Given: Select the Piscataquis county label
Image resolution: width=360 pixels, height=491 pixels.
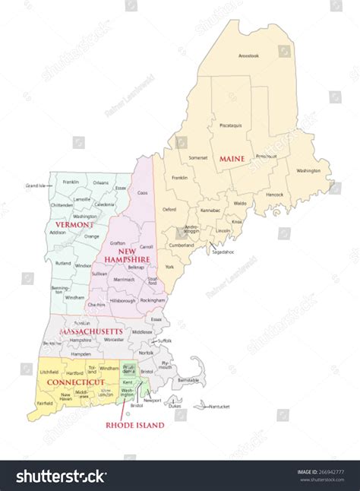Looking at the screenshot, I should coord(231,125).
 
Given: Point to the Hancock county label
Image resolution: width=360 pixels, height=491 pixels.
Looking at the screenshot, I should coord(273,194).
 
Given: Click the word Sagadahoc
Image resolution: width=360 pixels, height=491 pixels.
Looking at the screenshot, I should coord(223,252).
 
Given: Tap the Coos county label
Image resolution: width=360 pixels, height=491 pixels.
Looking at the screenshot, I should coord(142,192).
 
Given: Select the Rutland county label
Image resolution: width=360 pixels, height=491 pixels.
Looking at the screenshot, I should coord(63,264).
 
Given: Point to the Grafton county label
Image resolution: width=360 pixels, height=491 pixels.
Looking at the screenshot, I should coord(118,243).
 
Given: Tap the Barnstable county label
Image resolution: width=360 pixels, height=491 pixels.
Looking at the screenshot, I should coord(188,379).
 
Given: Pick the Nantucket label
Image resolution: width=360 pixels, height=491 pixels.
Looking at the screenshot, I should coord(219,407).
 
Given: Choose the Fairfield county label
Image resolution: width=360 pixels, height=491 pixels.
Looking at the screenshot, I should coord(44,404).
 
